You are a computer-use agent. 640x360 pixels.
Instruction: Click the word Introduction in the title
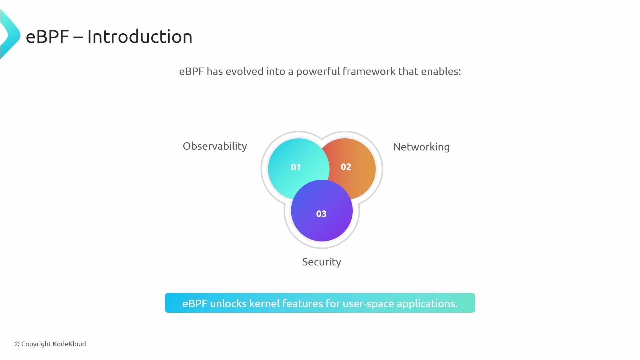(140, 37)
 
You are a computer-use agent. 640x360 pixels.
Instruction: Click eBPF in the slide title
(47, 37)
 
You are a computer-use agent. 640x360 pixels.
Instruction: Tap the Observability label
(215, 146)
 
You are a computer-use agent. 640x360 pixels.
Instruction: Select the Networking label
(421, 147)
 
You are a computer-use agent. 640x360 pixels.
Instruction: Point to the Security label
(321, 262)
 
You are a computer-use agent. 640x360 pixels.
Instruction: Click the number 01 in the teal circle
(296, 167)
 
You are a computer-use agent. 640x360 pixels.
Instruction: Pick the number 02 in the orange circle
(346, 167)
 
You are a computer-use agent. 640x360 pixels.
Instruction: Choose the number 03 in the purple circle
(321, 214)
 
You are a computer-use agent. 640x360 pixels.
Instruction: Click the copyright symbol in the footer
(17, 344)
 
